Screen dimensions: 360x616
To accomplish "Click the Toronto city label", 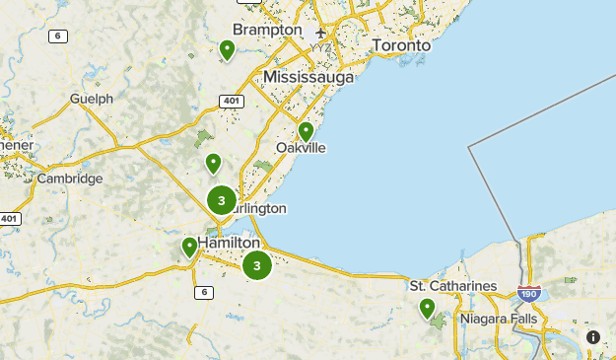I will click(401, 45).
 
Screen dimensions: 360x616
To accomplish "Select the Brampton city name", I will click(267, 30).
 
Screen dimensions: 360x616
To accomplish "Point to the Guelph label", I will click(91, 99).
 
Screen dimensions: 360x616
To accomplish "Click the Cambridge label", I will click(69, 179).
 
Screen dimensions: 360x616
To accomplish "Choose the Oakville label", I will click(301, 148).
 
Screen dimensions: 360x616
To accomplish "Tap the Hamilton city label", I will click(229, 243).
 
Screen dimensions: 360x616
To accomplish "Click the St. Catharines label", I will click(453, 286).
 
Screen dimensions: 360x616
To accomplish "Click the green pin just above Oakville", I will click(306, 131).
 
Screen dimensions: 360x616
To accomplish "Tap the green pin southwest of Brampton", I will click(227, 49).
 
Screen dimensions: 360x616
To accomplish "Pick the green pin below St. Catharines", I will click(427, 309).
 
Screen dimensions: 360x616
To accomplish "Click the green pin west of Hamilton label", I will click(189, 247).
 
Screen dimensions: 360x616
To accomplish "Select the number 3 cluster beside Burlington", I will click(222, 200).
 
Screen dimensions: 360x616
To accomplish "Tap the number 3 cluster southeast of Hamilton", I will click(256, 264).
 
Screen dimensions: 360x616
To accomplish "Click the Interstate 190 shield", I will click(528, 292).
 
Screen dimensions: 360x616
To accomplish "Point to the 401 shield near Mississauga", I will click(232, 101).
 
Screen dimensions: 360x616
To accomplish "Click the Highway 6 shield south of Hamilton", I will click(203, 292).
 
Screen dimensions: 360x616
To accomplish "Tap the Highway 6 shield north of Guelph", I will click(57, 36).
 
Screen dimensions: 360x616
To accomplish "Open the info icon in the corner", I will click(593, 337).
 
